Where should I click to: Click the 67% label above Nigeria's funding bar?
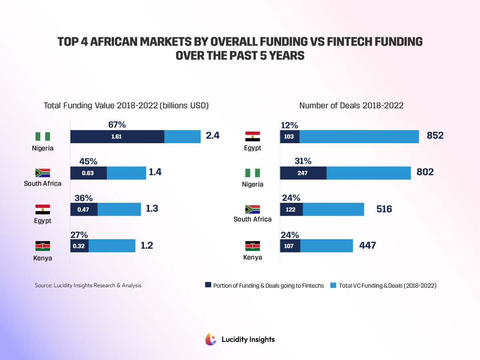[x=117, y=124]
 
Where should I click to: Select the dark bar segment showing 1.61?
[x=117, y=137]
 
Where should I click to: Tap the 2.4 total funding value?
[x=212, y=136]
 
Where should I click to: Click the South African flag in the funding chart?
[x=42, y=173]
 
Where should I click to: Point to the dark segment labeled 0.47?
[x=84, y=209]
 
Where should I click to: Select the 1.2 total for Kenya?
[x=147, y=245]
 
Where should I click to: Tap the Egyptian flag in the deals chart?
[x=252, y=136]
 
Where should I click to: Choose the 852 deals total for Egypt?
[x=435, y=136]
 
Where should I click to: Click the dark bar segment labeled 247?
[x=303, y=173]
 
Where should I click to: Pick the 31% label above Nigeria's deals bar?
[x=303, y=161]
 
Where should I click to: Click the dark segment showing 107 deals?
[x=290, y=246]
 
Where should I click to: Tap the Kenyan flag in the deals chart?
[x=252, y=246]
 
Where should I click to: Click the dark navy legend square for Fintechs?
[x=208, y=285]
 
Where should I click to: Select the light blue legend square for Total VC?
[x=333, y=285]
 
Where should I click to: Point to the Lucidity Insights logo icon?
[x=211, y=339]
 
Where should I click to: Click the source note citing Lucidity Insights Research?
[x=88, y=285]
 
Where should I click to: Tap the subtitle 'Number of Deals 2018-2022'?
[x=351, y=106]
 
